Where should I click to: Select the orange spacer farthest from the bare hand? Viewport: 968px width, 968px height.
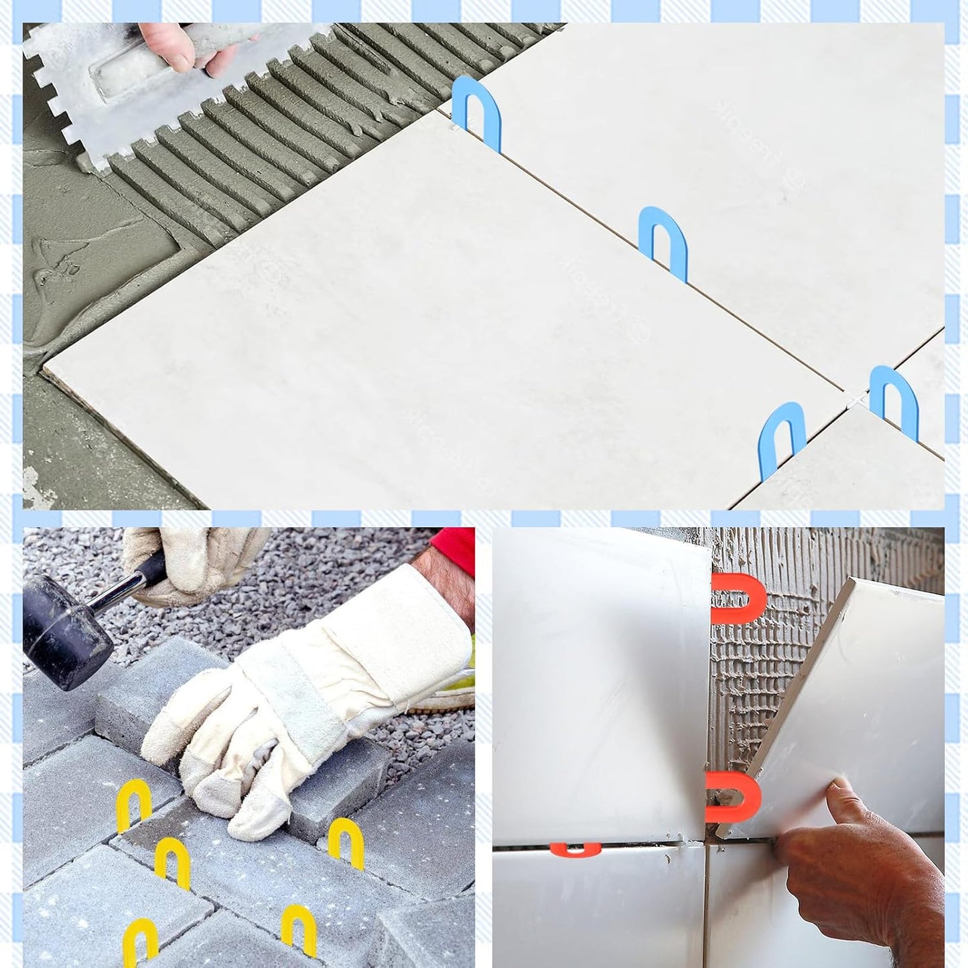(737, 596)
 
